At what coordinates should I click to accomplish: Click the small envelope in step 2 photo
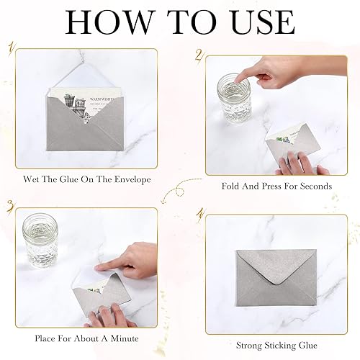coord(288,142)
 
